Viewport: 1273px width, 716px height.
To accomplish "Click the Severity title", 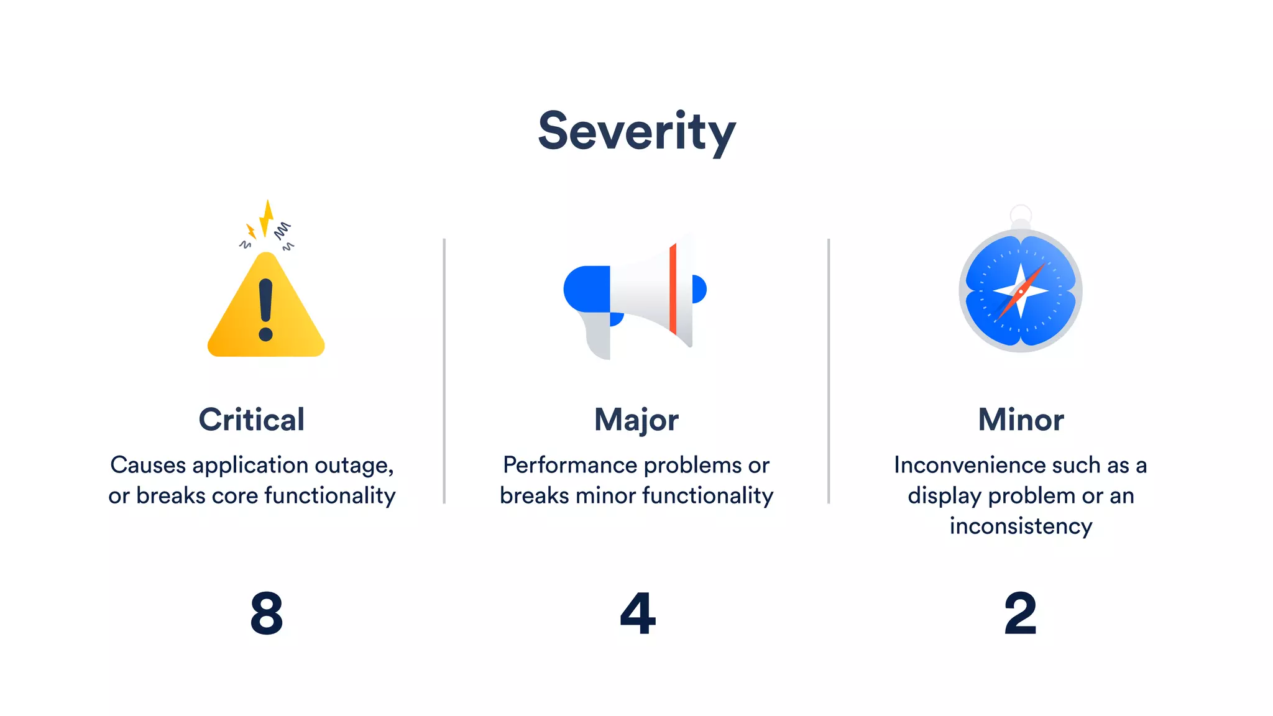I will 636,132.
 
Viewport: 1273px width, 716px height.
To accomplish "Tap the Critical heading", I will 252,420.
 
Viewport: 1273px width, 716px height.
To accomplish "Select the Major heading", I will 636,420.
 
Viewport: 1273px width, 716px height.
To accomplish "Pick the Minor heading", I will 1021,420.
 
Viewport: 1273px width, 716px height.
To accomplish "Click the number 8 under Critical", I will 267,613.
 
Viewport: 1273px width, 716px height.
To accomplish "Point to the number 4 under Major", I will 638,613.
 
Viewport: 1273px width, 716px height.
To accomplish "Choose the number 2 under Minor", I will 1021,613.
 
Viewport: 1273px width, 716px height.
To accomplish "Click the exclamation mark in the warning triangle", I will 266,310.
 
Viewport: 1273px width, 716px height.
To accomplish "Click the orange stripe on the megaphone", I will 673,288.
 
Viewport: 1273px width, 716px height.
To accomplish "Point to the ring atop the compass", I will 1021,215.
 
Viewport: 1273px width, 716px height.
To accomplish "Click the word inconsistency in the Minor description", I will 1021,526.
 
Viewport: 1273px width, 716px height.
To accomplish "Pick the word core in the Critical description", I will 234,495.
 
